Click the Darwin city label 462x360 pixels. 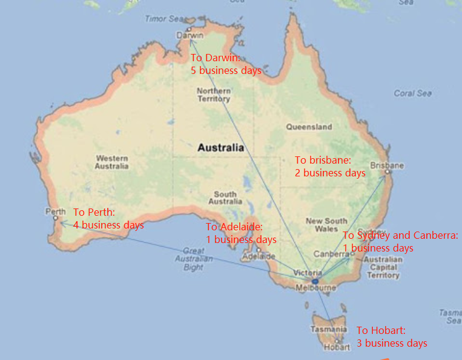(x=190, y=36)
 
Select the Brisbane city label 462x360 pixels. (x=387, y=165)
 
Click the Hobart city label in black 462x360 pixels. (x=337, y=347)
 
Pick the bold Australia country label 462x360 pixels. (x=220, y=147)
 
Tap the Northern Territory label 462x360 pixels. (x=213, y=95)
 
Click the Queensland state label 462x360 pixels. (x=309, y=127)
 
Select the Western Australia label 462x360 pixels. (x=112, y=162)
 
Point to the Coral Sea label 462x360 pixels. (x=413, y=93)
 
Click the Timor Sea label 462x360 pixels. (x=163, y=19)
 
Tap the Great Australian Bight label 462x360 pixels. (x=193, y=259)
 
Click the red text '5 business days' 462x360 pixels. (x=226, y=70)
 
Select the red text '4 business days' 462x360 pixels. (x=108, y=225)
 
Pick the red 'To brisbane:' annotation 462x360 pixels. (x=323, y=161)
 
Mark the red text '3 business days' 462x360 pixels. (x=392, y=343)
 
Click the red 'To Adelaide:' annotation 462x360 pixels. (x=234, y=227)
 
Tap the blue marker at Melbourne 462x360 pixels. (x=315, y=281)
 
